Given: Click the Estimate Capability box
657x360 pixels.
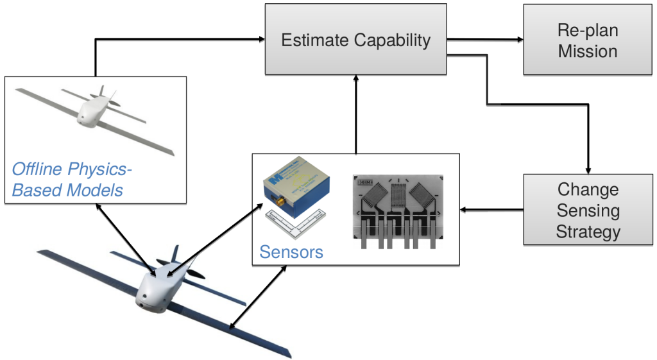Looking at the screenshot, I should [355, 40].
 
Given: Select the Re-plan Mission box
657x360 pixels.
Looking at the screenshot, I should [587, 40].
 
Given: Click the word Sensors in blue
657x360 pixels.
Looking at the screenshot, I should [291, 252].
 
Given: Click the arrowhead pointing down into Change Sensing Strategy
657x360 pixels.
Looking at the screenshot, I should [587, 169].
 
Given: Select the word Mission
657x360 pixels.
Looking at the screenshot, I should [587, 51].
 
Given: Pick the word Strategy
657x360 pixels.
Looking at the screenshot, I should [587, 231].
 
